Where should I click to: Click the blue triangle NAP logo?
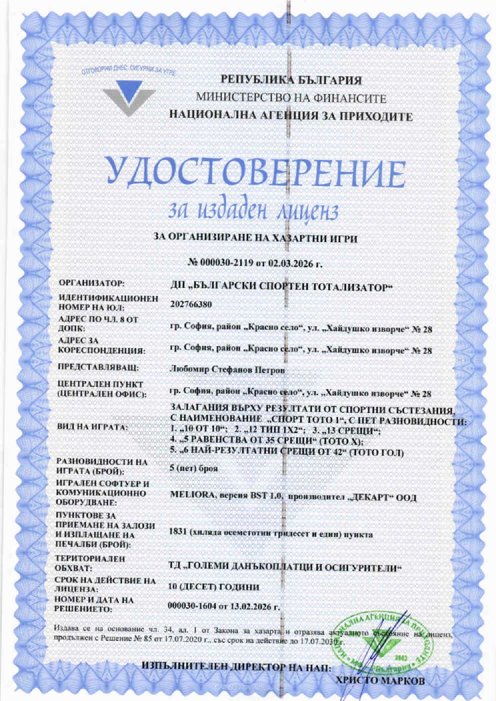pyautogui.click(x=129, y=97)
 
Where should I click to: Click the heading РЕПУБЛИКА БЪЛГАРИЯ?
pyautogui.click(x=292, y=80)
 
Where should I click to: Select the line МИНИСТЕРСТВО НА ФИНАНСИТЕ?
pyautogui.click(x=291, y=98)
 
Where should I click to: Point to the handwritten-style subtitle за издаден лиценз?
pyautogui.click(x=254, y=210)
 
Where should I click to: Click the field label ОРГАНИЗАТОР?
pyautogui.click(x=92, y=284)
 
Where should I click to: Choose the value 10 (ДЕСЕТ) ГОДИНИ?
pyautogui.click(x=214, y=587)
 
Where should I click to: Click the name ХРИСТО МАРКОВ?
pyautogui.click(x=380, y=680)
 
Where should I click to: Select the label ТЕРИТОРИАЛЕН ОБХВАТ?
pyautogui.click(x=90, y=563)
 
